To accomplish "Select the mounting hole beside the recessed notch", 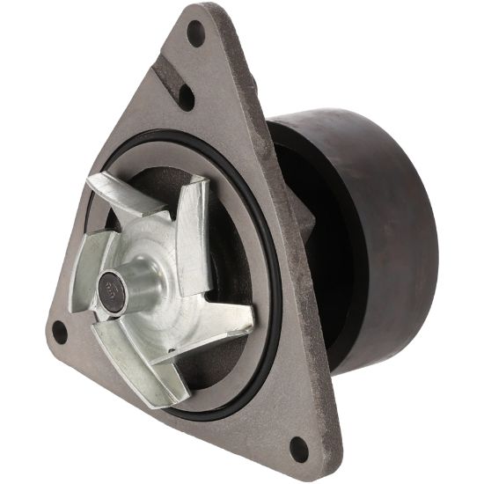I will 186,96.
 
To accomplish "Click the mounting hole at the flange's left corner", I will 60,333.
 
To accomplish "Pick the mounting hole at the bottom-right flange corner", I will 299,448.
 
